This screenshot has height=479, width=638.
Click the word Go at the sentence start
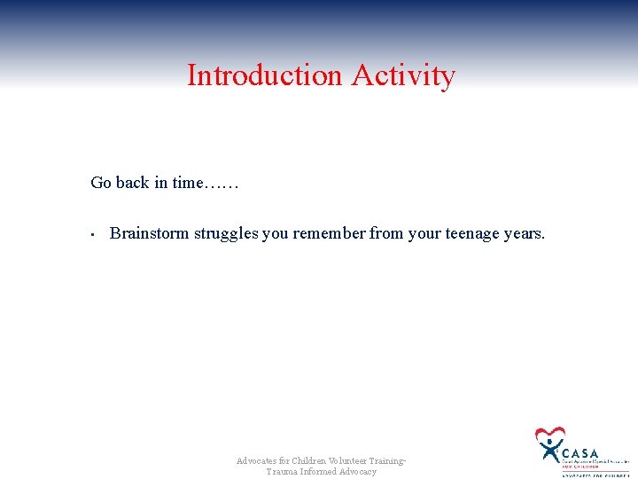click(101, 183)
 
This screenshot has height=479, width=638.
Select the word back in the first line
click(132, 183)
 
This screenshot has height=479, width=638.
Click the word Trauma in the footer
click(283, 471)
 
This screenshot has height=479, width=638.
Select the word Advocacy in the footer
click(358, 471)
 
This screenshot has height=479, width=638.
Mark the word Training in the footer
click(388, 460)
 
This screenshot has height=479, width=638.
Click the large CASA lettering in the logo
click(580, 452)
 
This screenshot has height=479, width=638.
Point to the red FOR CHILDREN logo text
click(580, 467)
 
